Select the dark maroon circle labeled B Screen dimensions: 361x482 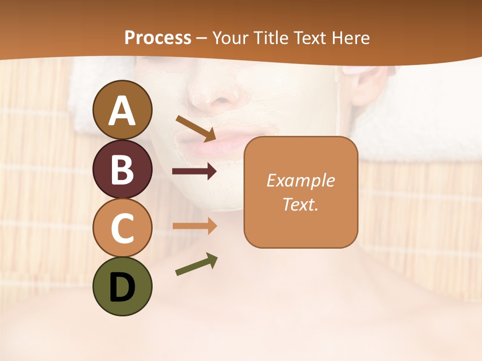[x=122, y=169]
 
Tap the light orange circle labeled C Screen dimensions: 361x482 [x=122, y=228]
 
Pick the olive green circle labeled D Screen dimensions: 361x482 [x=122, y=286]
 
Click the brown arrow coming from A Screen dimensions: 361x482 [x=196, y=128]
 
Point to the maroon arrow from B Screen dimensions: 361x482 [x=194, y=171]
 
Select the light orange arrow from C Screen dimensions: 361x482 [x=195, y=226]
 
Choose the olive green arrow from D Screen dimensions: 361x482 [x=196, y=265]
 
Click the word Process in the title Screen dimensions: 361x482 [x=158, y=38]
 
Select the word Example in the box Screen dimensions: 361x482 [x=300, y=180]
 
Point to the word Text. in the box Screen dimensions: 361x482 [x=300, y=204]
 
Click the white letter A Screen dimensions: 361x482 [x=122, y=110]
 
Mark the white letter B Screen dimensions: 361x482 [x=122, y=169]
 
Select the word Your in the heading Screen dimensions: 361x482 [x=230, y=38]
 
